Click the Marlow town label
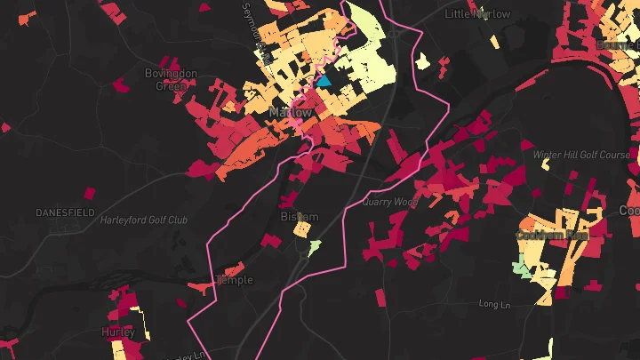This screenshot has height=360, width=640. (x=291, y=114)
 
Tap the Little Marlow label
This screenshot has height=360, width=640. (x=477, y=14)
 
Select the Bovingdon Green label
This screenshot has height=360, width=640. (x=165, y=80)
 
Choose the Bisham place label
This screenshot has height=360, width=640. (x=299, y=217)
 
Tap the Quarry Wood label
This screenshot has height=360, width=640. (x=390, y=202)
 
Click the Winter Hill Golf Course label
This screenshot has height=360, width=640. (x=581, y=155)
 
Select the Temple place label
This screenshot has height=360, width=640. (x=236, y=280)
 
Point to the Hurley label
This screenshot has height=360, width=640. (x=118, y=332)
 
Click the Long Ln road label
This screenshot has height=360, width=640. (x=492, y=304)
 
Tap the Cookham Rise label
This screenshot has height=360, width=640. (x=552, y=236)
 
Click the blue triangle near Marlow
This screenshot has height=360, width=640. (x=324, y=80)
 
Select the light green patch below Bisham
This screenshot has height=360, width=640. (x=314, y=246)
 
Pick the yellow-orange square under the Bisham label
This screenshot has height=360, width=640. (x=303, y=230)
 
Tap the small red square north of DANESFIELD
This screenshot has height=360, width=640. (x=88, y=192)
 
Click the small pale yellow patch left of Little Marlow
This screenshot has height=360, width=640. (x=423, y=61)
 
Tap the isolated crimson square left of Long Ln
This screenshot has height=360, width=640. (x=380, y=297)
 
